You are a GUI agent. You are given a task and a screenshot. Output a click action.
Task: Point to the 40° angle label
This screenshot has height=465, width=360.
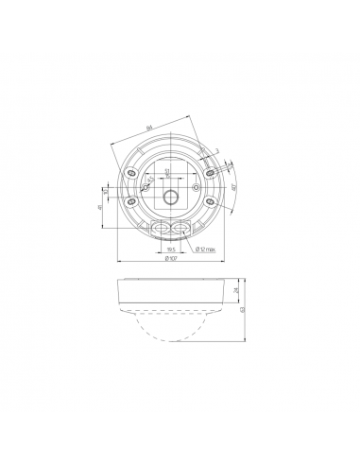point(232,187)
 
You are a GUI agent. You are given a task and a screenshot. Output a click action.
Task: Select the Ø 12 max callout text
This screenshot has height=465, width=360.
point(206,250)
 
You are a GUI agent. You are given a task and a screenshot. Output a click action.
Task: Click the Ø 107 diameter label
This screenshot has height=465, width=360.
point(172,259)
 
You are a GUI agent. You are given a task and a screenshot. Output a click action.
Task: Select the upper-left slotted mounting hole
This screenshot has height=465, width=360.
point(131,173)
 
